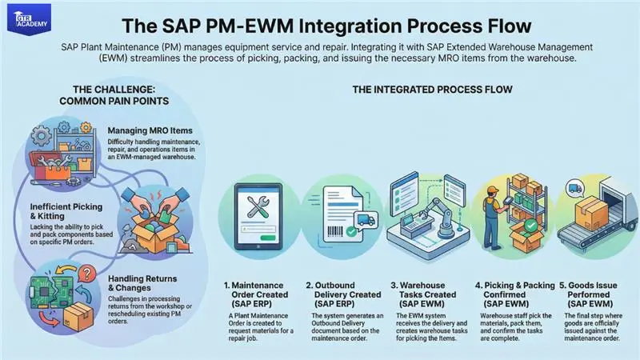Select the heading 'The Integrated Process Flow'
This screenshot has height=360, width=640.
click(432, 90)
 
